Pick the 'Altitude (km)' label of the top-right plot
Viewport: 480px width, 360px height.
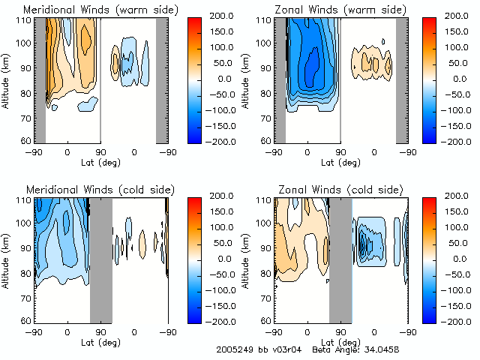click(x=244, y=79)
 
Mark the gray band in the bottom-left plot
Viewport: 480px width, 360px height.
click(x=100, y=259)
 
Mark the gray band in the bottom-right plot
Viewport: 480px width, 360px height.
click(x=340, y=259)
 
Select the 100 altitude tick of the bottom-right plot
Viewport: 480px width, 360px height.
click(x=264, y=223)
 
